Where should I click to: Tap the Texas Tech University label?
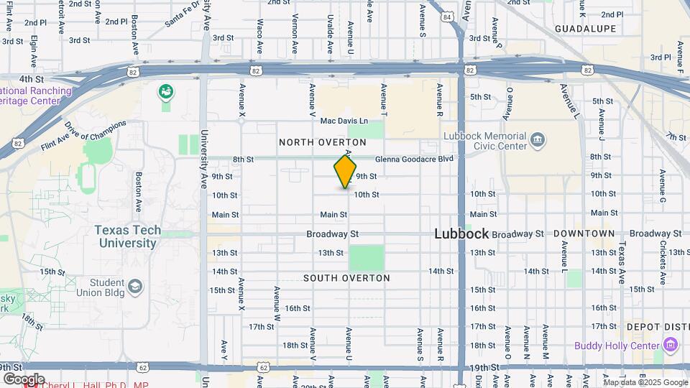(x=126, y=236)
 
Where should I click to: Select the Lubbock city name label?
(x=461, y=234)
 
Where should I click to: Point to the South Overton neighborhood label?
(x=346, y=278)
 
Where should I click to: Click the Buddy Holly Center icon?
(x=671, y=346)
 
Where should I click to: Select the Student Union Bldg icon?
(x=134, y=288)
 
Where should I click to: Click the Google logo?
(x=24, y=379)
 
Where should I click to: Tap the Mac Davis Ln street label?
(x=344, y=121)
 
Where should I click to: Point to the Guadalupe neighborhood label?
(x=586, y=29)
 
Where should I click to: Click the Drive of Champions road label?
(x=95, y=131)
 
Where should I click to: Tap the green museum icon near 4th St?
(x=166, y=91)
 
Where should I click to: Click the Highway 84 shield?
(x=448, y=17)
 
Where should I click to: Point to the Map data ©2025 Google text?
(x=645, y=382)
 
